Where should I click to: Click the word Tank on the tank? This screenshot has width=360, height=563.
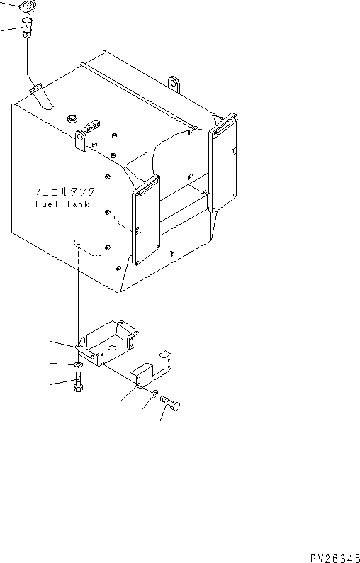pos(77,204)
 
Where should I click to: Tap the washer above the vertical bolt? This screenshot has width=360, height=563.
pos(77,365)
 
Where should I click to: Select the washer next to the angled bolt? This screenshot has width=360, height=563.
pos(154,394)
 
